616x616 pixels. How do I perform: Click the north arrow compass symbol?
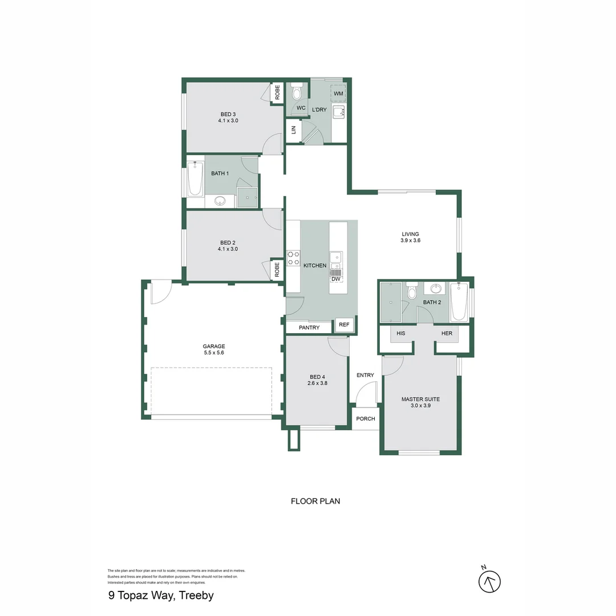[489, 581]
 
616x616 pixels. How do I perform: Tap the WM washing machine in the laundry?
[338, 93]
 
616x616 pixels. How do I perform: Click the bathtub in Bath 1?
[195, 179]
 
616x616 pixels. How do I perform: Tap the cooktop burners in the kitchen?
[293, 258]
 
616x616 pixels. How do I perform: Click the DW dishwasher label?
[336, 279]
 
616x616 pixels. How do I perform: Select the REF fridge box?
[344, 325]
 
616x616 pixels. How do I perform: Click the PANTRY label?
[309, 328]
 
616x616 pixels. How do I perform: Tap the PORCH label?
[366, 419]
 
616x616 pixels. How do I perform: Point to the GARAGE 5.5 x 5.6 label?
[214, 350]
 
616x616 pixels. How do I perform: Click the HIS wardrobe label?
[401, 333]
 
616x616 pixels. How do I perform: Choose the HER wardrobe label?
[447, 333]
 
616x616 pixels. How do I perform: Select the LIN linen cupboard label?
[293, 130]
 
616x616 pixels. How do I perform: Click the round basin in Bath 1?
[220, 201]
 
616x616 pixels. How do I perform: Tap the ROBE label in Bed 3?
[277, 92]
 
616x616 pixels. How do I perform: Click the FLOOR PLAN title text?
[315, 501]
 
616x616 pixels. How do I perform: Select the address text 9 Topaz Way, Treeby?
[161, 596]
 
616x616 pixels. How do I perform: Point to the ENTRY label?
[365, 375]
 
